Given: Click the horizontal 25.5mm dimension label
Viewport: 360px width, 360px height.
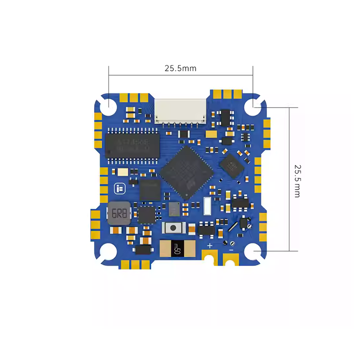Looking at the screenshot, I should point(180,68).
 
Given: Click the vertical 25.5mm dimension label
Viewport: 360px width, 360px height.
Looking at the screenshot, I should point(297,180).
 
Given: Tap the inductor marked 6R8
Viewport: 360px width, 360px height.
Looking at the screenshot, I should point(119,213).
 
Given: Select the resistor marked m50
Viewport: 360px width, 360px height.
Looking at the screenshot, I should point(177,248).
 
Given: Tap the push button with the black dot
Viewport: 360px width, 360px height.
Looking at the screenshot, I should point(172,228).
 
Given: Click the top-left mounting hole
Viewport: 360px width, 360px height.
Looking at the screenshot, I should point(108,107).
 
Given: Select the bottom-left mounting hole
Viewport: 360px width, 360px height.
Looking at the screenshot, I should point(108,253).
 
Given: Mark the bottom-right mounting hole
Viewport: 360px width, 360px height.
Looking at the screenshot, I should point(253,252).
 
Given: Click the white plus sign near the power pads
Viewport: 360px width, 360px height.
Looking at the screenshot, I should point(210,246).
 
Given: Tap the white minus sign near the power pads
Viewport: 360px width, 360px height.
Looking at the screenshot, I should point(231,249).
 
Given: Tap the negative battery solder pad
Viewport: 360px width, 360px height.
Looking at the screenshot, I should point(231,260).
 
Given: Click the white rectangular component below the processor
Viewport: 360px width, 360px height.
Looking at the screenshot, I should point(207,206).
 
